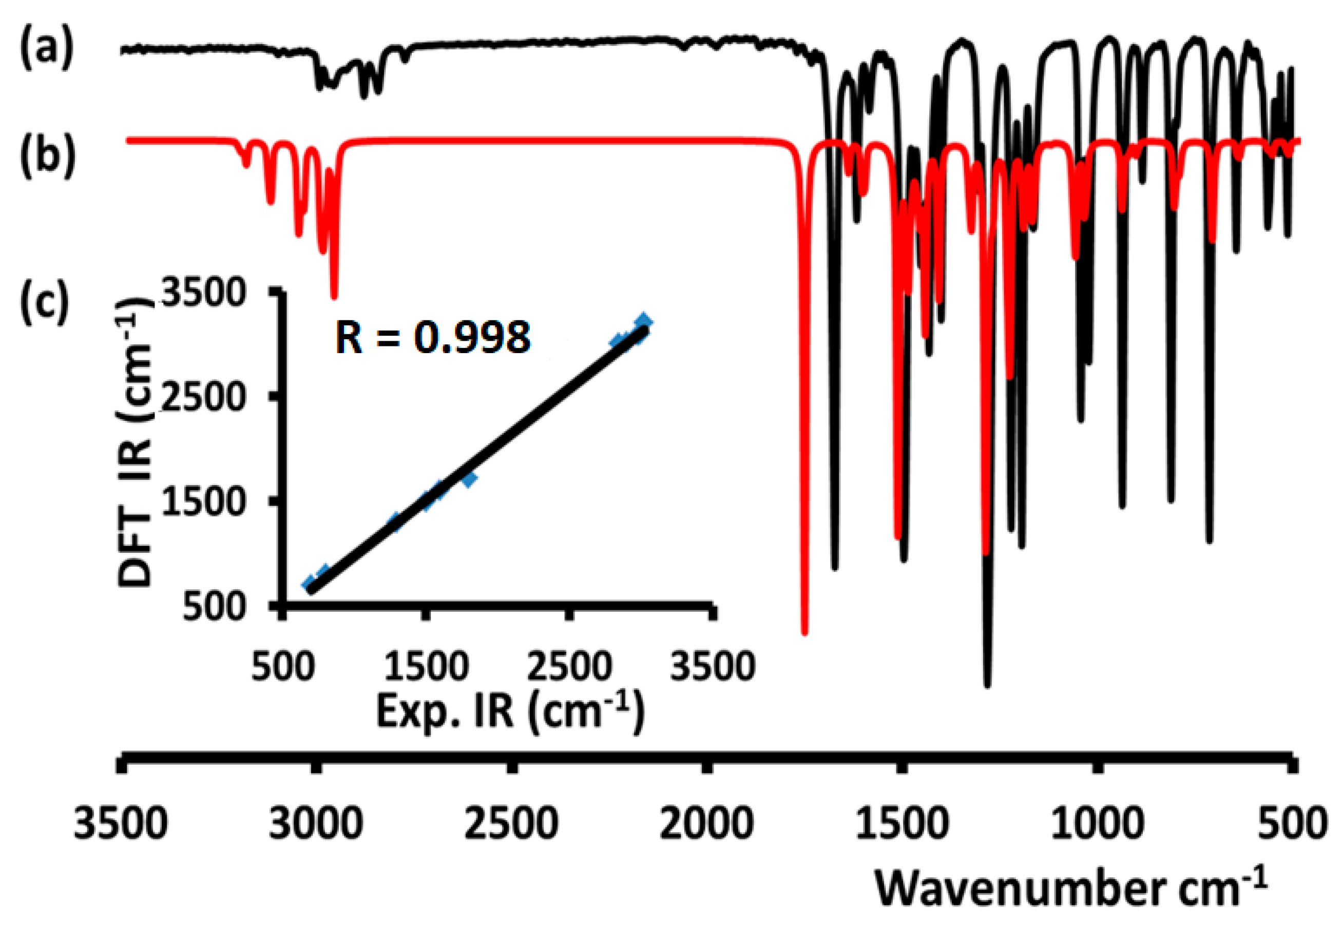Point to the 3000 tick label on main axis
(x=316, y=824)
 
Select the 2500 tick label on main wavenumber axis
(x=511, y=824)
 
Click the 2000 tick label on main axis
(x=706, y=824)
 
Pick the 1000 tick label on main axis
(x=1098, y=824)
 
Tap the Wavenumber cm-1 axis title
(x=1071, y=888)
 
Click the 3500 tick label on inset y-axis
(x=202, y=292)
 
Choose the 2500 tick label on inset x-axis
(x=569, y=666)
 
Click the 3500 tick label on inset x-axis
(x=713, y=666)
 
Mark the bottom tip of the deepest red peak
(x=804, y=632)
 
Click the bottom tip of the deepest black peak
(x=987, y=685)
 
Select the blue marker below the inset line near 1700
(x=469, y=479)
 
